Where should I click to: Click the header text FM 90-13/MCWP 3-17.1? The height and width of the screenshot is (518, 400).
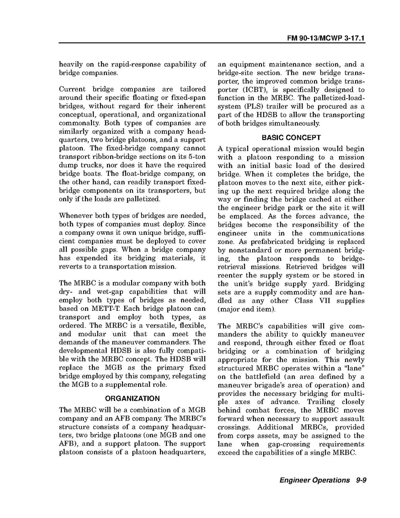coord(326,38)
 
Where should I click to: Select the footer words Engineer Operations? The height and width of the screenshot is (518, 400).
coord(314,480)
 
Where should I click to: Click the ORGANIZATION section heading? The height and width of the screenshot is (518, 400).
coord(132,398)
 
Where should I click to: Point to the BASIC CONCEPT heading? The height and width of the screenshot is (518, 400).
coord(291,138)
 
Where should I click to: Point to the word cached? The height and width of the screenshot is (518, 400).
coord(324,199)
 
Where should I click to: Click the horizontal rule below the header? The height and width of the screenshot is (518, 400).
coord(212,44)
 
